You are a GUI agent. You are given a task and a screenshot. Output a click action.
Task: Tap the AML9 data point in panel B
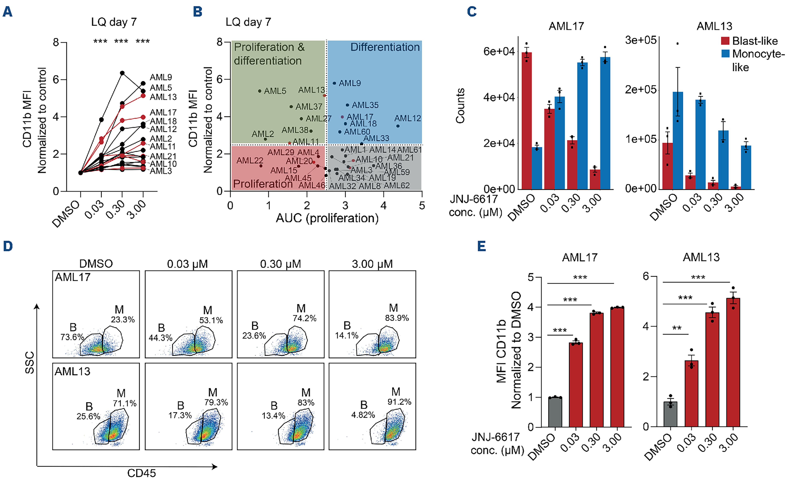334,83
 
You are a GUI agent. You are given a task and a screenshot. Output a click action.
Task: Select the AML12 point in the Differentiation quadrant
398,126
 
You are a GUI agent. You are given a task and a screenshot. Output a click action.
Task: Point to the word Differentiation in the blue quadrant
385,47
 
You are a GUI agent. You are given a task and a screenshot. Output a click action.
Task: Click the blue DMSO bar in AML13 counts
678,141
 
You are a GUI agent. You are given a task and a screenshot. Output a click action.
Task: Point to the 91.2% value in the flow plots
399,402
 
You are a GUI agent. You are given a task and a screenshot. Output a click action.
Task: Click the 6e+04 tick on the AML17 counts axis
499,51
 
